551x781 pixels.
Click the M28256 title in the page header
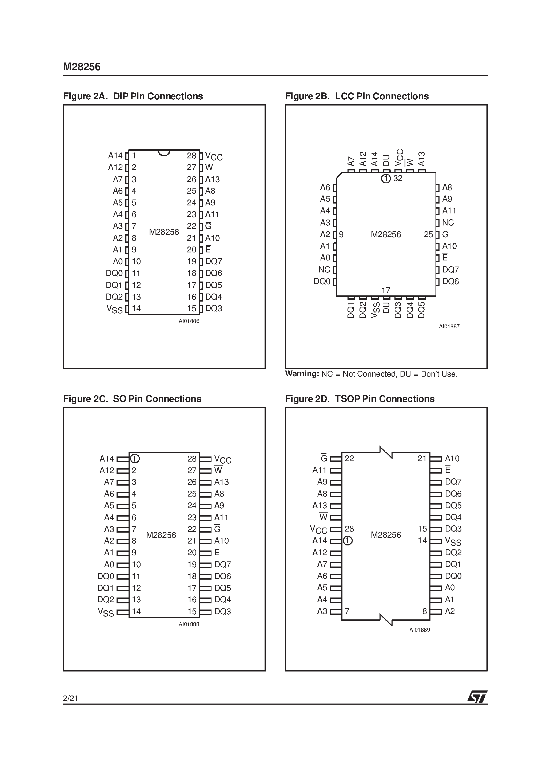click(x=82, y=67)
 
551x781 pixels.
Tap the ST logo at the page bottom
click(x=477, y=697)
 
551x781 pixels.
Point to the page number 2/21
click(x=70, y=699)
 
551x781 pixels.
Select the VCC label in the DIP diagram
click(x=214, y=157)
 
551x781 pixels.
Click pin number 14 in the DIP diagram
click(x=136, y=309)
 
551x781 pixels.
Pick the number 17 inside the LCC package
click(x=386, y=290)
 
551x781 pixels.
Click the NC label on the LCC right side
click(x=448, y=223)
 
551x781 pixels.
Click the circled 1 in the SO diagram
click(x=135, y=459)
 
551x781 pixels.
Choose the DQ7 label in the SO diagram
click(x=222, y=565)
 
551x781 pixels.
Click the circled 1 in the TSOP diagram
click(x=348, y=541)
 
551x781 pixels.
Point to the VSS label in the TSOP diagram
click(x=453, y=541)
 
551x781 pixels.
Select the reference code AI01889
click(x=420, y=630)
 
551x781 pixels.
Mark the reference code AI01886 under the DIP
click(x=189, y=321)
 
